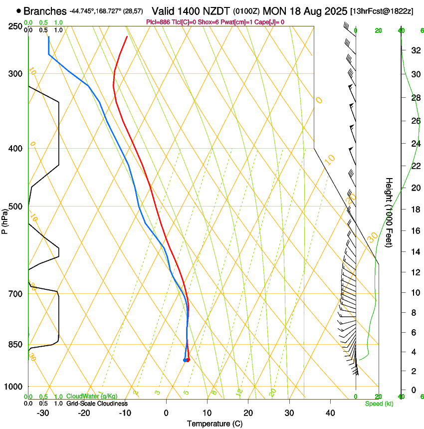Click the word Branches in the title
tap(45, 11)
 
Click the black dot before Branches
tap(19, 11)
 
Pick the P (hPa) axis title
tap(4, 219)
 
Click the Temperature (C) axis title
tap(214, 424)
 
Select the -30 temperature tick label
tap(43, 413)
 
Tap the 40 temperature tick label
tap(330, 413)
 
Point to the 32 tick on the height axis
tap(415, 50)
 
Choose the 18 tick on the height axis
tap(415, 210)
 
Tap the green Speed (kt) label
tap(379, 404)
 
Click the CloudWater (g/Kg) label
tap(92, 397)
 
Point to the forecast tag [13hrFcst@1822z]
tap(382, 11)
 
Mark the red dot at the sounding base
tap(188, 360)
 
